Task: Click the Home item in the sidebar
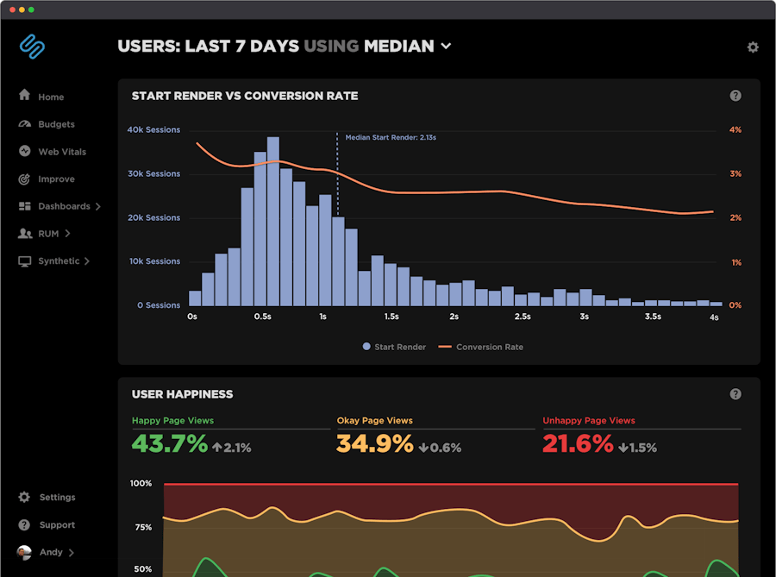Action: click(x=50, y=97)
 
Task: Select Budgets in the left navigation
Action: click(x=55, y=124)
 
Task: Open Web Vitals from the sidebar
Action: click(x=61, y=152)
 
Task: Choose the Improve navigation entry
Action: click(x=55, y=179)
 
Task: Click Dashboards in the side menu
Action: click(x=64, y=207)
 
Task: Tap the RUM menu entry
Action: click(x=48, y=234)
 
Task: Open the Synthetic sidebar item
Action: click(x=59, y=261)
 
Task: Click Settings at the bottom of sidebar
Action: click(x=57, y=498)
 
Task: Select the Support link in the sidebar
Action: click(x=57, y=525)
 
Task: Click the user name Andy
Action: click(x=51, y=552)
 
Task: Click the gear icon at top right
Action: click(x=753, y=47)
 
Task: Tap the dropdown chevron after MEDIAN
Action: click(x=446, y=47)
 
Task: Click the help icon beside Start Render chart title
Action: click(x=735, y=96)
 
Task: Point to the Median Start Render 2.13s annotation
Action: click(x=390, y=137)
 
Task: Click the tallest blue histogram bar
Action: click(x=272, y=221)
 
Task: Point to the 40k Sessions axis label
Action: click(x=153, y=130)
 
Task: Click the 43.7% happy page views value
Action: click(x=170, y=444)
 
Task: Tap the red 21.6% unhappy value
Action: click(x=578, y=444)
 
